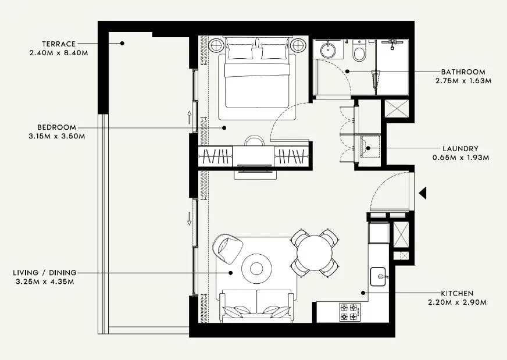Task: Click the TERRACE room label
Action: pyautogui.click(x=59, y=44)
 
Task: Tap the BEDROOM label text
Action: pyautogui.click(x=57, y=127)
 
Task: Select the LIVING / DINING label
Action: pyautogui.click(x=44, y=272)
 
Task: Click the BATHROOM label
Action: pyautogui.click(x=463, y=72)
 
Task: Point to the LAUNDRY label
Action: pyautogui.click(x=460, y=148)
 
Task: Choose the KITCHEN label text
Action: pyautogui.click(x=457, y=294)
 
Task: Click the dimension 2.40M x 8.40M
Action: pyautogui.click(x=58, y=53)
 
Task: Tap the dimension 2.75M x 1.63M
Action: pyautogui.click(x=463, y=81)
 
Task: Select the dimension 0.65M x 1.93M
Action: pyautogui.click(x=460, y=157)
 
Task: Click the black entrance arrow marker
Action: pyautogui.click(x=423, y=193)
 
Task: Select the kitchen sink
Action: pyautogui.click(x=379, y=276)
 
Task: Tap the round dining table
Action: pyautogui.click(x=315, y=251)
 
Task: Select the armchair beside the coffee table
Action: pyautogui.click(x=227, y=247)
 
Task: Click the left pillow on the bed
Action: pyautogui.click(x=239, y=51)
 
